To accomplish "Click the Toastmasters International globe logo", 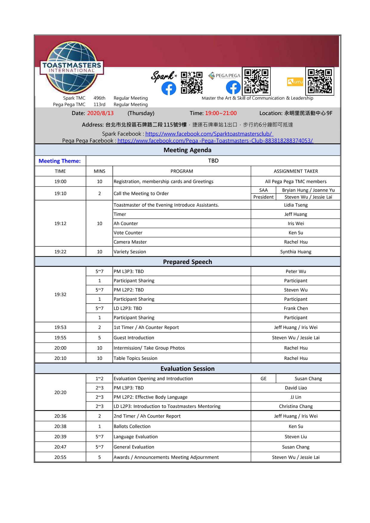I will point(72,68).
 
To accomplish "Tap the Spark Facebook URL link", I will point(209,134).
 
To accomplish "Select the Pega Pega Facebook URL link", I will point(215,141).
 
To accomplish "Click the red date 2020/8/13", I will point(100,113).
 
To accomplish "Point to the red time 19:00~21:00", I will point(221,113).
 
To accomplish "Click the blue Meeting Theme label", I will point(60,161).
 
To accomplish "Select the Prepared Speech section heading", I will point(188,262).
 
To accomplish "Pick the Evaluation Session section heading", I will point(188,369).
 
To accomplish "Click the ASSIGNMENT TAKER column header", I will point(296,171).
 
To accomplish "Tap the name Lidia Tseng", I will point(296,205).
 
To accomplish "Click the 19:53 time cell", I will point(60,328).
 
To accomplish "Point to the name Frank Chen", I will point(296,308).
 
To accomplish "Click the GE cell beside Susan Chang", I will point(264,379).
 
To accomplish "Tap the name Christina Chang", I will point(296,406).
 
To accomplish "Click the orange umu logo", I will point(295,82).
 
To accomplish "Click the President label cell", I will point(264,197).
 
